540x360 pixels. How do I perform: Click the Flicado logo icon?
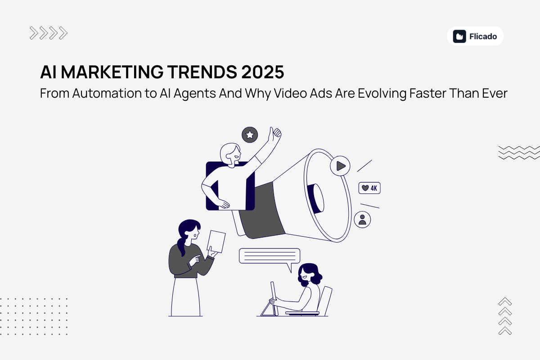click(459, 36)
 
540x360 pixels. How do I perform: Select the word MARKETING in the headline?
click(103, 72)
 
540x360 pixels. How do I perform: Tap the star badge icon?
click(250, 135)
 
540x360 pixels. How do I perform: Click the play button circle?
click(340, 166)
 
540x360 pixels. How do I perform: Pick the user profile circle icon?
click(362, 220)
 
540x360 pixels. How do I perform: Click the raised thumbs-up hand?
click(274, 134)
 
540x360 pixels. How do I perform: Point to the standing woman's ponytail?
click(181, 247)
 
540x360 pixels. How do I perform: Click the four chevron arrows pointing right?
click(49, 33)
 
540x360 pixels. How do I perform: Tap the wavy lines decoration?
click(519, 152)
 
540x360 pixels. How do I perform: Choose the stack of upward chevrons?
click(505, 316)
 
